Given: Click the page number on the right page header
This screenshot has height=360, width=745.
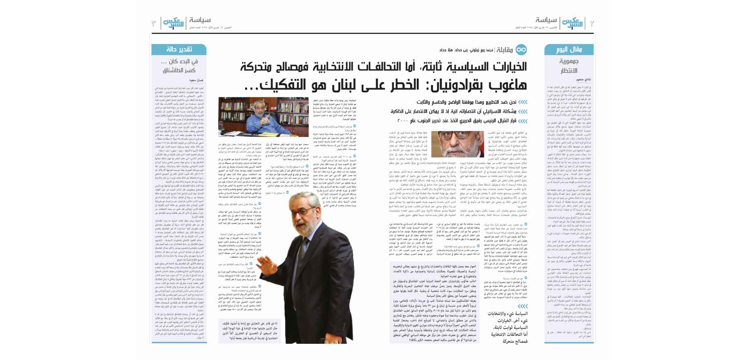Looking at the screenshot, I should (592, 23).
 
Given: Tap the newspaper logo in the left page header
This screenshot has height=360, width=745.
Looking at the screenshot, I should (173, 23).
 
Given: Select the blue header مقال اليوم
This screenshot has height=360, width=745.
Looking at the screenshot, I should (569, 50).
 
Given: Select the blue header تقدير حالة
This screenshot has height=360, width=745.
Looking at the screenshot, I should (179, 50).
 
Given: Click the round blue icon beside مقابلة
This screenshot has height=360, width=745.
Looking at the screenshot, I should (521, 50).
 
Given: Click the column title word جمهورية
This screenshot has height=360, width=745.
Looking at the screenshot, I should (569, 62).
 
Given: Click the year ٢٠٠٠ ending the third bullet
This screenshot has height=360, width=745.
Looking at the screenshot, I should (403, 121).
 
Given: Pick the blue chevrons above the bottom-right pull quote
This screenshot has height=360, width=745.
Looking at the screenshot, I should (523, 306).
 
